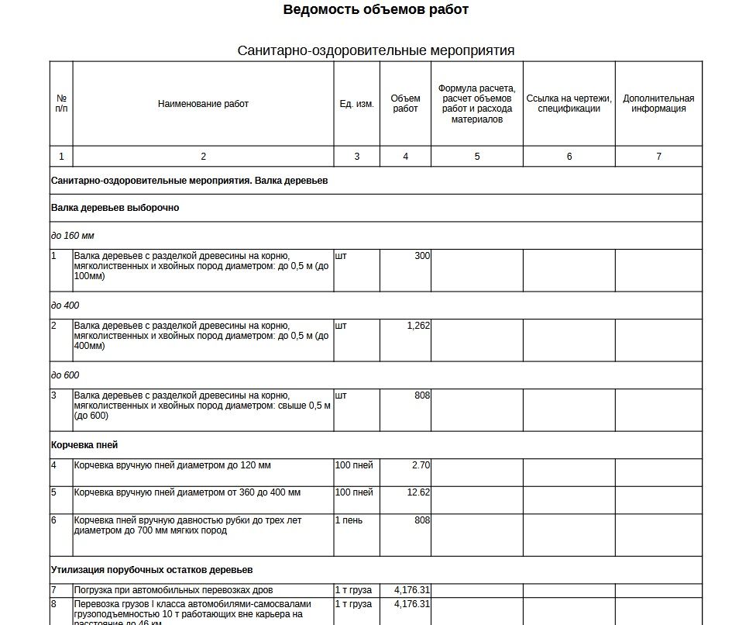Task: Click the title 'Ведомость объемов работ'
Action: click(376, 10)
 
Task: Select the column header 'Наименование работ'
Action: click(203, 104)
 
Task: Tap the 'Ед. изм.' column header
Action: click(356, 104)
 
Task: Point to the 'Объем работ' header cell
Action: click(405, 104)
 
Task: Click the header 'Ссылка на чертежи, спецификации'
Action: click(569, 104)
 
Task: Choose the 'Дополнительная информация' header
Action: click(658, 104)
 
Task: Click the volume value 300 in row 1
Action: click(422, 256)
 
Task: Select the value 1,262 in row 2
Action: click(418, 326)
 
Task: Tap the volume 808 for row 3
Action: click(422, 395)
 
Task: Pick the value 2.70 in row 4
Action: click(421, 465)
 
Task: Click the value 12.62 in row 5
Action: click(418, 492)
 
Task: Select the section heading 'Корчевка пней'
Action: click(84, 445)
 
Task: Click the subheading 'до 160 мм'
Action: click(73, 236)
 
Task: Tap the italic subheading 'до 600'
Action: click(65, 375)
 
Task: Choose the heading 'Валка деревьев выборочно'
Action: click(115, 208)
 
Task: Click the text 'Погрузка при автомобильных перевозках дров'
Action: click(174, 590)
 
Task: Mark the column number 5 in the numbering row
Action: click(476, 157)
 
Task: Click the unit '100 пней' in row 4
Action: click(354, 465)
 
